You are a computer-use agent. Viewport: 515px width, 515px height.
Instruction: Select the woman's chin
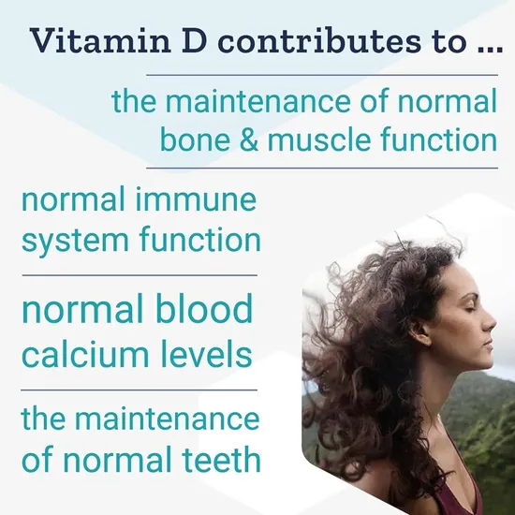click(x=478, y=363)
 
